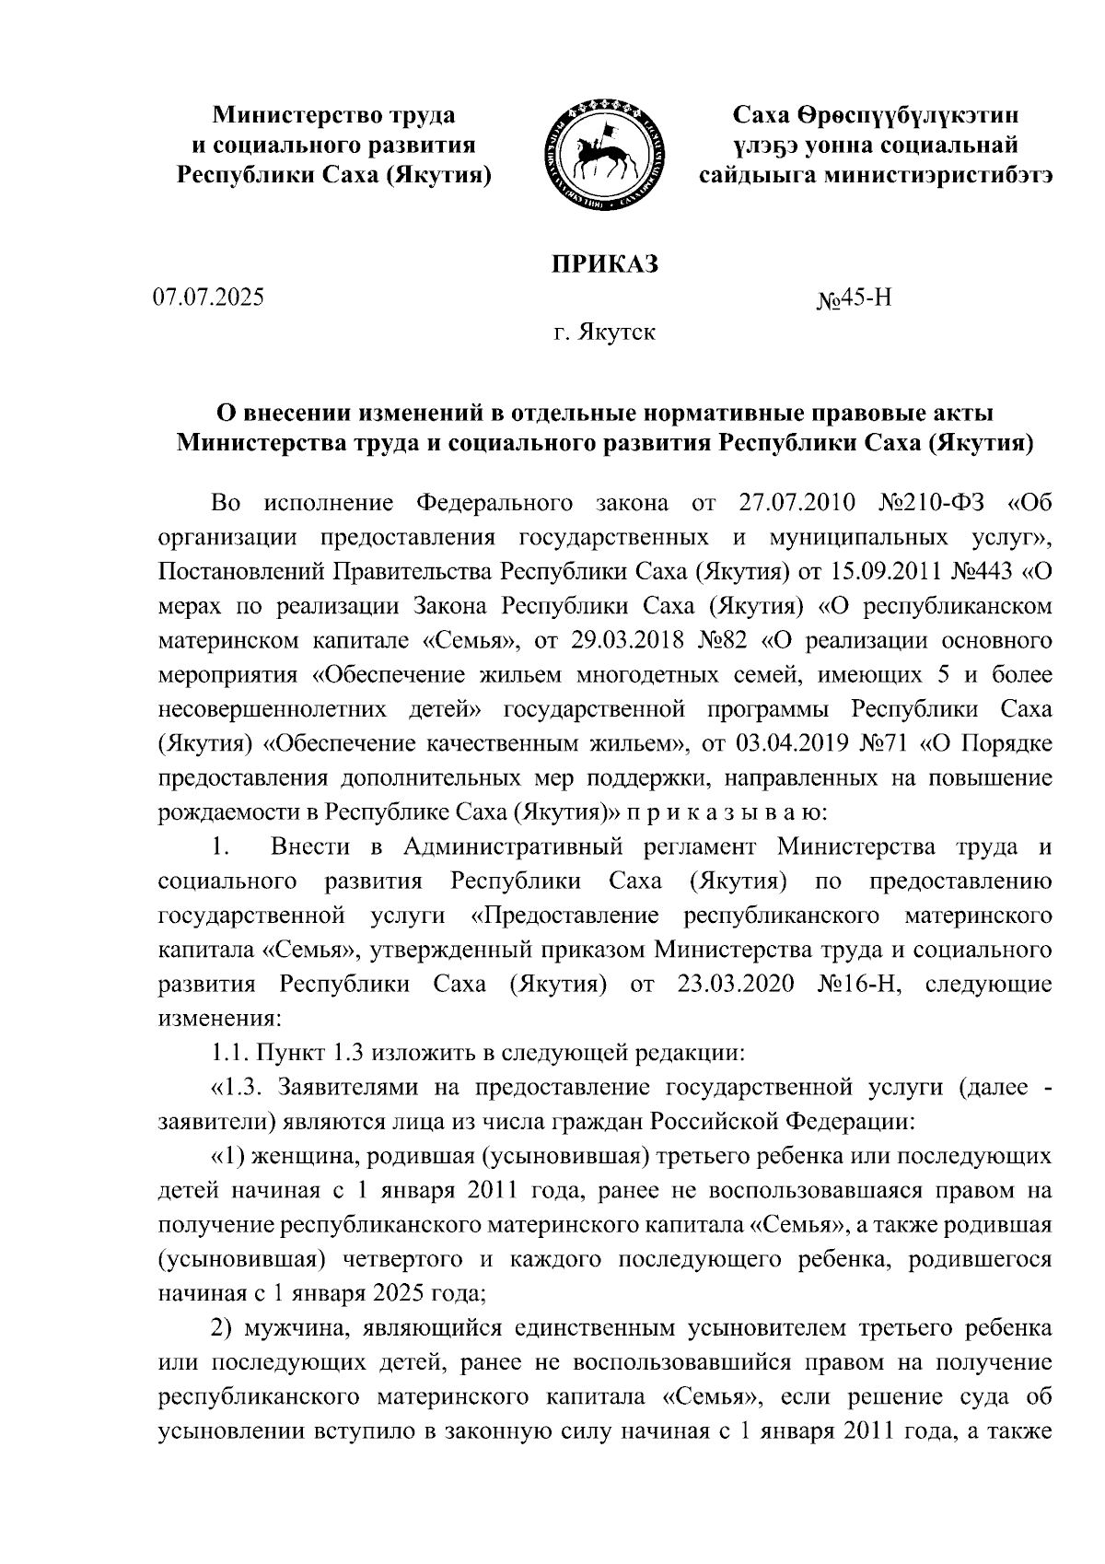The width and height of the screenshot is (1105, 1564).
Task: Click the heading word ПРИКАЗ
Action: click(605, 264)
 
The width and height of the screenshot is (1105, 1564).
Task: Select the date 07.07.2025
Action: click(209, 298)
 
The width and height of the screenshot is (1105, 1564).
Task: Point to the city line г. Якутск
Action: click(604, 332)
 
